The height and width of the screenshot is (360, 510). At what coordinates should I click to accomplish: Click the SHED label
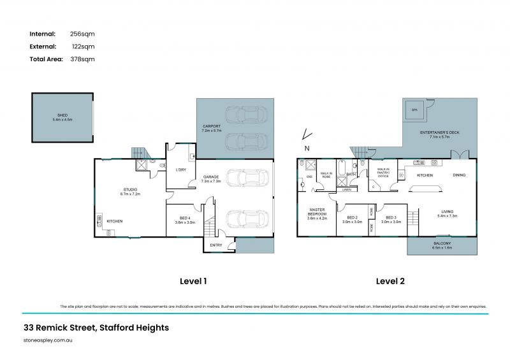point(62,115)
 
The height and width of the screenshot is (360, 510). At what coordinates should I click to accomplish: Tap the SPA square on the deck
point(414,112)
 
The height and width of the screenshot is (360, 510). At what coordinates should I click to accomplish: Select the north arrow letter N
point(307,148)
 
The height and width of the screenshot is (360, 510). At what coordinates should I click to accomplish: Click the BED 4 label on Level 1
point(184,219)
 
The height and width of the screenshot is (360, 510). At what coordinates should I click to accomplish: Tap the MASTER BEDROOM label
point(317,212)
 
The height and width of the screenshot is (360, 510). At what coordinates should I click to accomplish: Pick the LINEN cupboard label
point(347,189)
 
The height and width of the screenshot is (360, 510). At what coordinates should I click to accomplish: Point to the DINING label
point(459,175)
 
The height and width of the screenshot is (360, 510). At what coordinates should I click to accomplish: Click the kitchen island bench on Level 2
point(423,187)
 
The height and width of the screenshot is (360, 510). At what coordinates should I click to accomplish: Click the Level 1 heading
point(193,280)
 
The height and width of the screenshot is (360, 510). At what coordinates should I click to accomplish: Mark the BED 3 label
point(391,219)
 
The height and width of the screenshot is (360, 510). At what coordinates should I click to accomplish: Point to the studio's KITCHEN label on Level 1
point(115,221)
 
